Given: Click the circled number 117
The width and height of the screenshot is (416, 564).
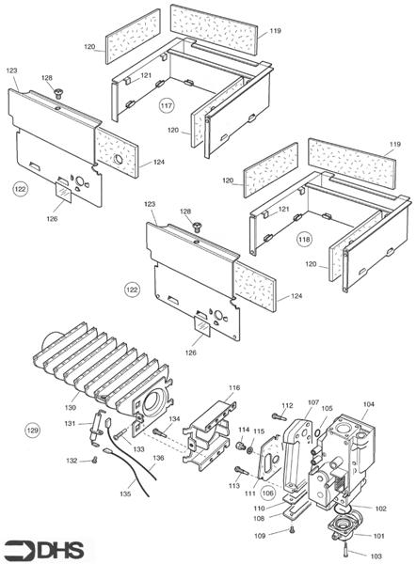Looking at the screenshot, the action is point(167,105).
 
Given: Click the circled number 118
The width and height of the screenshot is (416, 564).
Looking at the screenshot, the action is point(304,239).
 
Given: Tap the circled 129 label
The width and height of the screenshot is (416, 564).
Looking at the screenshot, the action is point(33,430).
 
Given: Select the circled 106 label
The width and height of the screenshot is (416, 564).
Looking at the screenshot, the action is point(268,493).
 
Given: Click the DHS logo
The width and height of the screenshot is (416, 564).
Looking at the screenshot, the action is point(44,550).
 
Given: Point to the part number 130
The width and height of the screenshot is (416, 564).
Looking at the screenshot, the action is point(71,408).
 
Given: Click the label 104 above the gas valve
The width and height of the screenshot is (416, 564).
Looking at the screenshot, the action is point(368,404).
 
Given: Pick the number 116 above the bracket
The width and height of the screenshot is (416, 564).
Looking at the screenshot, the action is point(234,387).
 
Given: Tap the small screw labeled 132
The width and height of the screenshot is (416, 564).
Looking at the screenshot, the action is point(95,460).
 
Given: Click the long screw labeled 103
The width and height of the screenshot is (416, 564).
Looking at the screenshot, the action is point(345,549).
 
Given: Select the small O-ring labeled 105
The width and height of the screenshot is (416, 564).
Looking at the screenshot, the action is point(319,431).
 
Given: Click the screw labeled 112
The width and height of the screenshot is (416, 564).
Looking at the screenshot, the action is point(280,416).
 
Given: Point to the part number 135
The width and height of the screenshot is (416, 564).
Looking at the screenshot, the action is point(125,493).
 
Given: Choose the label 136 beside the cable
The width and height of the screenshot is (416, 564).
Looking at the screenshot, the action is point(158,458).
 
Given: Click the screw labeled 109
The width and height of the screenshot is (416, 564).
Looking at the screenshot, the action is point(292,529).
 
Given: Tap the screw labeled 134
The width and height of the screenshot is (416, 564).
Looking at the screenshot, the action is point(160,432).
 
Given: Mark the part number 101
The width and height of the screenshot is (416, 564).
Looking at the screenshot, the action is point(378,536).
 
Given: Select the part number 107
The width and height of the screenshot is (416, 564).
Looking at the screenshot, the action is point(313,402).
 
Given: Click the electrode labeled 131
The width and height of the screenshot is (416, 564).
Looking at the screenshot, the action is point(97,428).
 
